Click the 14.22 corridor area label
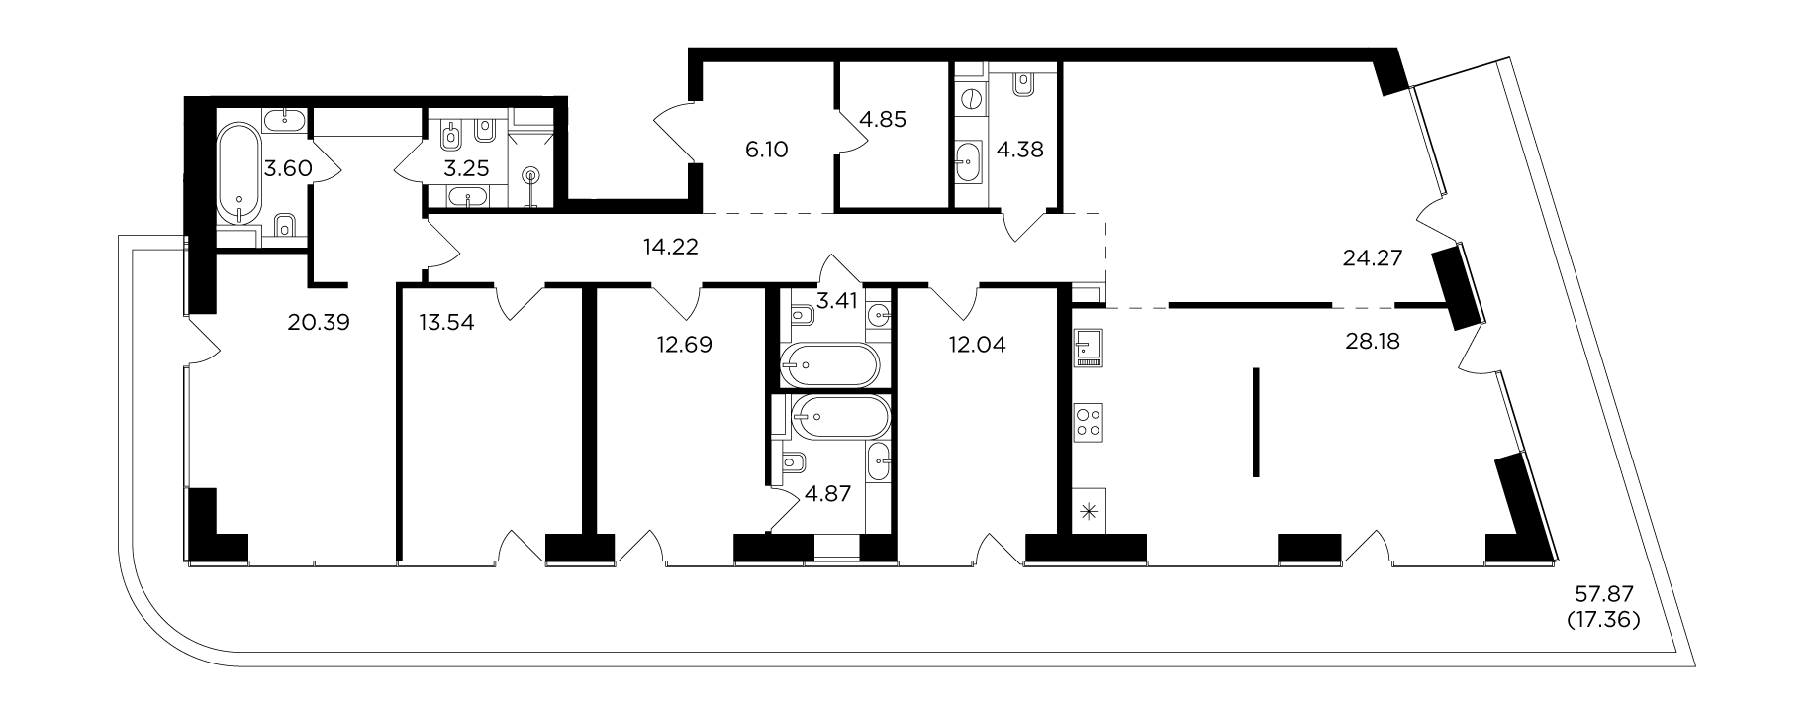tap(671, 248)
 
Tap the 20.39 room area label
tap(320, 322)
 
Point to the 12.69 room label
tap(683, 345)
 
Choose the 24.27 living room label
tap(1375, 259)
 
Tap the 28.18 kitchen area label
tap(1372, 342)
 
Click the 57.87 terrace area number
tap(1602, 596)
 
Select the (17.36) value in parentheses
tap(1603, 621)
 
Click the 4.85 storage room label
tap(882, 119)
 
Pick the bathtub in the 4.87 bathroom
tap(842, 417)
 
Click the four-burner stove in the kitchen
tap(1090, 421)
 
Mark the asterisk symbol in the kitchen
tap(1089, 513)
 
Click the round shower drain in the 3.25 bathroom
tap(532, 176)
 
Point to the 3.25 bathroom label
tap(466, 168)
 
